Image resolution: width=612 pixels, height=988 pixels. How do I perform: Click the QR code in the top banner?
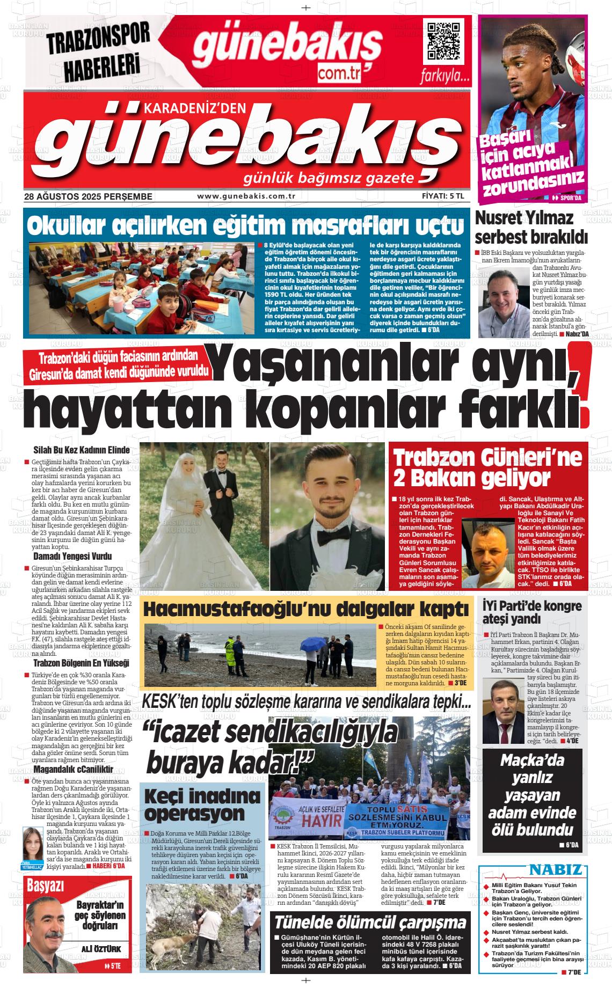coord(443,41)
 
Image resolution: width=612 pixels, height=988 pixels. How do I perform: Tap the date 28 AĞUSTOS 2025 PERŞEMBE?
coord(89,197)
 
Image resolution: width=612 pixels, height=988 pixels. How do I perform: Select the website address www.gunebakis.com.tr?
coord(246,196)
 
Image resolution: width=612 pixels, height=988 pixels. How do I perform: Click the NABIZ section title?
coord(555,870)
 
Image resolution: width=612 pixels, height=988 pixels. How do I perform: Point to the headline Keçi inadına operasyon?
coord(202,805)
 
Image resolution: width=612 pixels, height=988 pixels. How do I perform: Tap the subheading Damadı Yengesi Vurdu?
coord(72,556)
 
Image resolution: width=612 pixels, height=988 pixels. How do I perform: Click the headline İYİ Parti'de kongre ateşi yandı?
coord(531,612)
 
